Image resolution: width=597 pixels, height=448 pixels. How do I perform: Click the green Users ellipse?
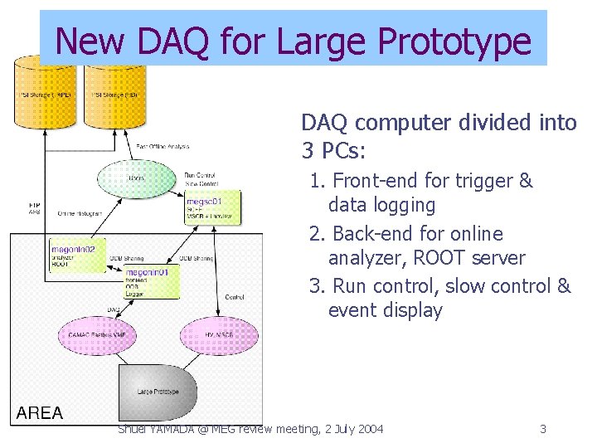136,178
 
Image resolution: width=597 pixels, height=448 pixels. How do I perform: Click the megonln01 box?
150,282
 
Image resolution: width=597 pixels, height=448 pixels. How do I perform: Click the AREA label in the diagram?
41,413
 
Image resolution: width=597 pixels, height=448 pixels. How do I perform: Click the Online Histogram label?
80,213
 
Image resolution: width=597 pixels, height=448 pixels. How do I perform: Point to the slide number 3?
543,429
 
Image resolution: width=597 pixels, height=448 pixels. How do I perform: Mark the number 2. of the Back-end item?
318,234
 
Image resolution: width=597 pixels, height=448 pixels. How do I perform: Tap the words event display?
386,311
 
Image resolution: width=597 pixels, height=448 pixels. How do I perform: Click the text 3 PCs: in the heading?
334,152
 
